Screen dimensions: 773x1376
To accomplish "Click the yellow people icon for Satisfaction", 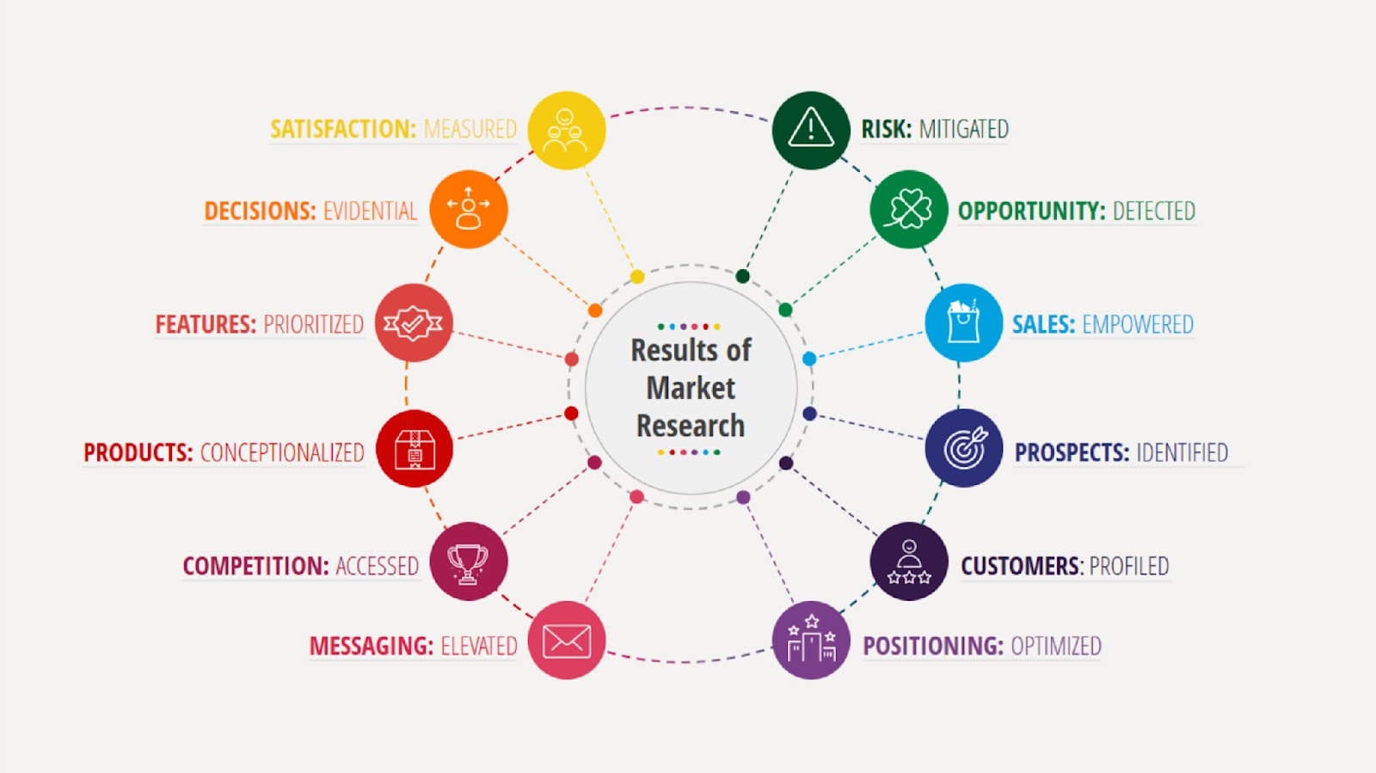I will coord(566,130).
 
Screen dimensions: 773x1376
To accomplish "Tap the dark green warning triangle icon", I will coord(811,130).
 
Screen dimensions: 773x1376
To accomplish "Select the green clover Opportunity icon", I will coord(909,209).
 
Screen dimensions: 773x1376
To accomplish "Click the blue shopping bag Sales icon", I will coord(963,322).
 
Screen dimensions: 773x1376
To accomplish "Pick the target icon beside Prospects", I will coord(963,448).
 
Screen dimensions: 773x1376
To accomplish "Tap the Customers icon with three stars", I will coord(909,561).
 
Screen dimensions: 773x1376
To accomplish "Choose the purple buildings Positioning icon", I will coord(811,641).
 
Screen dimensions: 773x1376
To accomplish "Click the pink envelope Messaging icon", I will coord(566,641).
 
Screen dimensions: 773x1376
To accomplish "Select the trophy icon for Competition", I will coord(468,561).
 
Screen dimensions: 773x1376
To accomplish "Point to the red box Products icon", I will coord(415,448).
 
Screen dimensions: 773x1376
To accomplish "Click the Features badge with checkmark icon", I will coord(414,322).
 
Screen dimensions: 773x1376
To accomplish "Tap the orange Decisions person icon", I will coord(468,209).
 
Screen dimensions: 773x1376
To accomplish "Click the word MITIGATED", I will coord(963,129).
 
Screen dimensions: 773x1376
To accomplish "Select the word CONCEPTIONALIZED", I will coord(282,452).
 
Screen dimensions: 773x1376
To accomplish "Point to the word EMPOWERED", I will coord(1137,324).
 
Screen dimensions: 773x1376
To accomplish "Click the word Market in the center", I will coord(691,388).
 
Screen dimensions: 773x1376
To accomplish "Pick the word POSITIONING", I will coord(932,646).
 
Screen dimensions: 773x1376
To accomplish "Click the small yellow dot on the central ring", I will coord(637,277).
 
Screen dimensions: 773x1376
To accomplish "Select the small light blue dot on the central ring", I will coord(809,359).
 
